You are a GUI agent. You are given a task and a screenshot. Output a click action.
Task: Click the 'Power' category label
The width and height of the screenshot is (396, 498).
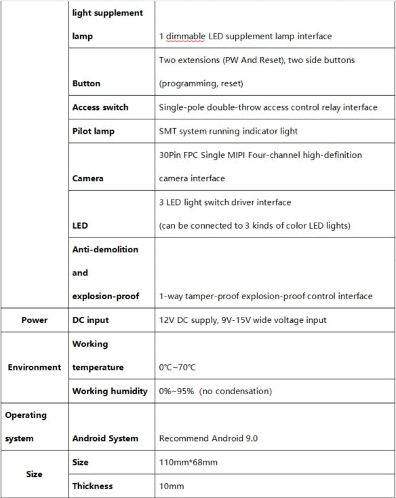[x=34, y=320]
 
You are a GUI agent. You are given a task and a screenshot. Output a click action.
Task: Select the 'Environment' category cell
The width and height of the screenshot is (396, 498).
[x=34, y=367]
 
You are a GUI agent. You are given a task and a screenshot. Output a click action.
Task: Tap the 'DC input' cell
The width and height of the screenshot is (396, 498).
[x=90, y=320]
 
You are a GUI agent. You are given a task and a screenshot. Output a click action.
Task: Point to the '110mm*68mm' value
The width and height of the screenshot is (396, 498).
[x=189, y=462]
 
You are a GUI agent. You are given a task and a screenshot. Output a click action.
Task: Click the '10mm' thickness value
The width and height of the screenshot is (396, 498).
[x=171, y=486]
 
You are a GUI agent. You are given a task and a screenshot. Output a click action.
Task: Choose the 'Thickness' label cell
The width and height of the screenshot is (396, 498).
[x=92, y=486]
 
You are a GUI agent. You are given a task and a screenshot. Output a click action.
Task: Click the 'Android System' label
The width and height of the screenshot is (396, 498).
[x=105, y=438]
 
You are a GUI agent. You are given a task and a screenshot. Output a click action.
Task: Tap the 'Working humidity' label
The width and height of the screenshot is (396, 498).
[x=110, y=391]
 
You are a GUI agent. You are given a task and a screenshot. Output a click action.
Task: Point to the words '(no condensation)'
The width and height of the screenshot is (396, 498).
[x=240, y=391]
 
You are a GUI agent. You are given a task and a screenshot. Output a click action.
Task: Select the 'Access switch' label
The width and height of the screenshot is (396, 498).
[x=100, y=107]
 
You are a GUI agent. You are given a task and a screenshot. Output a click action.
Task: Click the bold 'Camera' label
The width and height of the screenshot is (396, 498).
[x=89, y=178]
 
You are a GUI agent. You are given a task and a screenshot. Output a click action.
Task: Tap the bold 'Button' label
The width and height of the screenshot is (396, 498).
[x=86, y=83]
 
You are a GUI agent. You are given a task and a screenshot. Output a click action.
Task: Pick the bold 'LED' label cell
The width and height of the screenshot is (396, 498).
[x=80, y=226]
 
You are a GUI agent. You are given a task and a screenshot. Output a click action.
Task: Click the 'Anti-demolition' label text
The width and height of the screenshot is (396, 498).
[x=105, y=249]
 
